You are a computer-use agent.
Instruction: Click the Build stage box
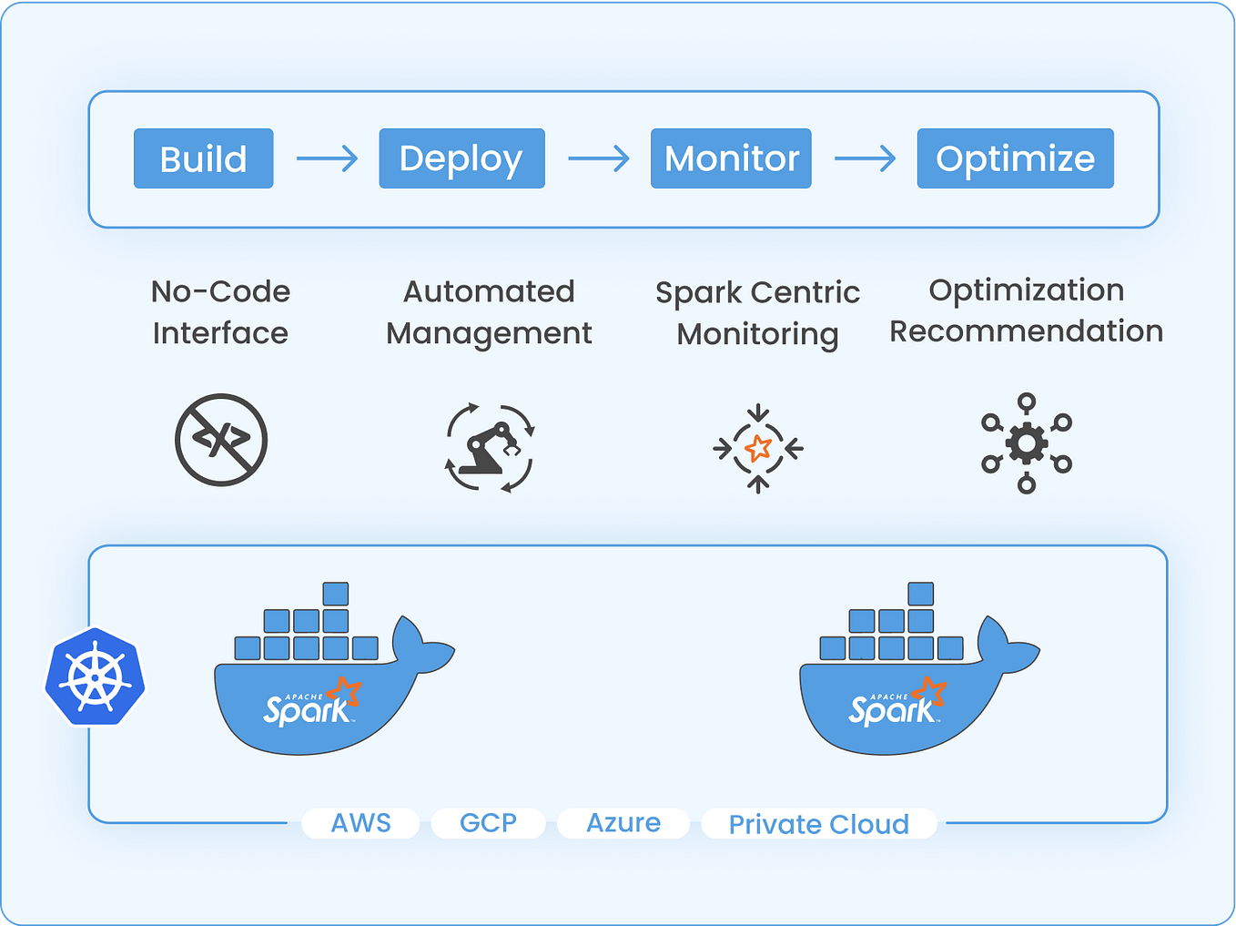click(203, 158)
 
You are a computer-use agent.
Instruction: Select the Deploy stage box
click(461, 158)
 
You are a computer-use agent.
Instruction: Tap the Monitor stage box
click(731, 158)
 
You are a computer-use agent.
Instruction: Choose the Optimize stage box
click(1015, 158)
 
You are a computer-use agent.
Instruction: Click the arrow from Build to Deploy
click(327, 158)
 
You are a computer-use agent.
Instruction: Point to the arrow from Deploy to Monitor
click(598, 158)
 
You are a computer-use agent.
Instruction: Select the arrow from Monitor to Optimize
click(865, 158)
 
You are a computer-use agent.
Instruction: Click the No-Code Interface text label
click(220, 312)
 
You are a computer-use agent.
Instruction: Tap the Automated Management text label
click(489, 312)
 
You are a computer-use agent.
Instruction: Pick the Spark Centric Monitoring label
click(757, 313)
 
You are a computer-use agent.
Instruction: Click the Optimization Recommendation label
click(1026, 310)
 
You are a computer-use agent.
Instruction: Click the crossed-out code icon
click(221, 440)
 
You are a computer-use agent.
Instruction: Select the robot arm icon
click(490, 447)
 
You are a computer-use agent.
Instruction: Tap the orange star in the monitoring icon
click(758, 448)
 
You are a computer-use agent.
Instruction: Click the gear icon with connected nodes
click(1027, 443)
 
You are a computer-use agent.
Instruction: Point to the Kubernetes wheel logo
click(96, 677)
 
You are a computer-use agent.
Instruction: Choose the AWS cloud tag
click(360, 823)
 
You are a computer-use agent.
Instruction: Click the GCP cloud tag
click(488, 823)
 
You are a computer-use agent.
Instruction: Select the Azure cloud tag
click(623, 823)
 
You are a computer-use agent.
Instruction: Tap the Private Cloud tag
click(818, 824)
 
